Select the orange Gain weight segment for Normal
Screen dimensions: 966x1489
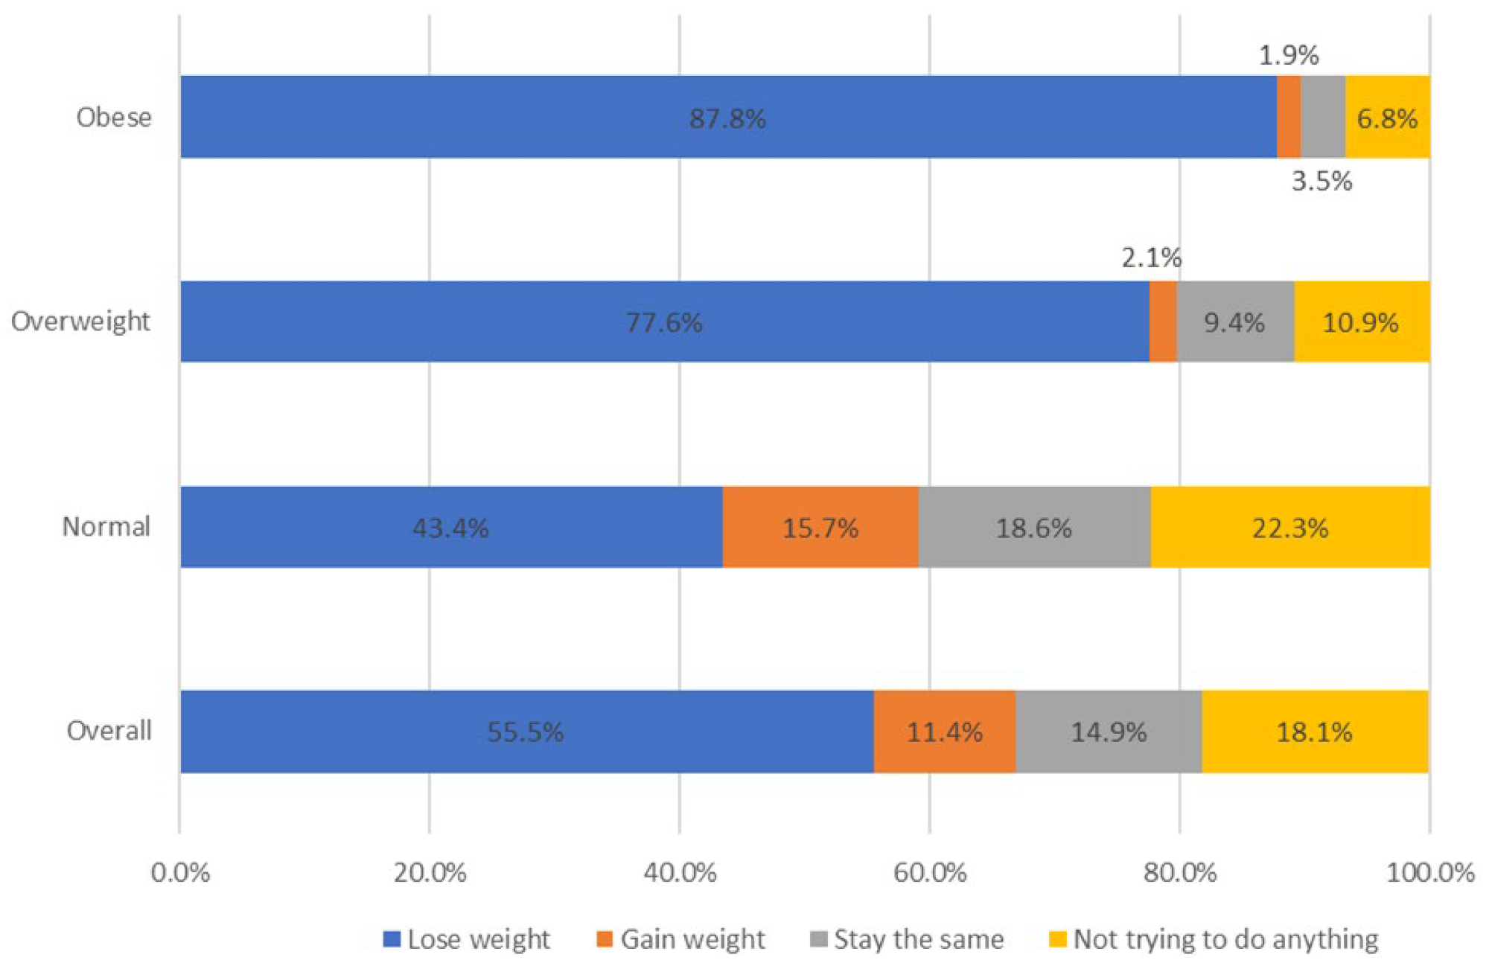tap(820, 528)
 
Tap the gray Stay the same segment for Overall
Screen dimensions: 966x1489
tap(1108, 732)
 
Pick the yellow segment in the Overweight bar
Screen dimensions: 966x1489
tap(1361, 322)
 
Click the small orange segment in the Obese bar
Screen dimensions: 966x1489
tap(1289, 117)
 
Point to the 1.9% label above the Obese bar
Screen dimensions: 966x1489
tap(1289, 55)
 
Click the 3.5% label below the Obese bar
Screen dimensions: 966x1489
tap(1321, 181)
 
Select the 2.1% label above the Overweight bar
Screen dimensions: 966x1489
tap(1151, 258)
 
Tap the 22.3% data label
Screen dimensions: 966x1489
tap(1289, 528)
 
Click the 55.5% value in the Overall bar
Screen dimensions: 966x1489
tap(525, 732)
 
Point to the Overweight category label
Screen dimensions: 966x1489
tap(80, 322)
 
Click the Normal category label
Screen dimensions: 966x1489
tap(106, 527)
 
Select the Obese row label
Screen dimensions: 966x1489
tap(114, 118)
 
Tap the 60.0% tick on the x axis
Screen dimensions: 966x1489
tap(929, 872)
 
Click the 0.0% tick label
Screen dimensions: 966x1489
tap(180, 872)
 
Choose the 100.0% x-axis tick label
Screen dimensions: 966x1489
tap(1429, 872)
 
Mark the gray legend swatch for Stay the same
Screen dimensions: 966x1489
tap(818, 939)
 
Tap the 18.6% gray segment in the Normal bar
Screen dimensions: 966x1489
tap(1033, 528)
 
